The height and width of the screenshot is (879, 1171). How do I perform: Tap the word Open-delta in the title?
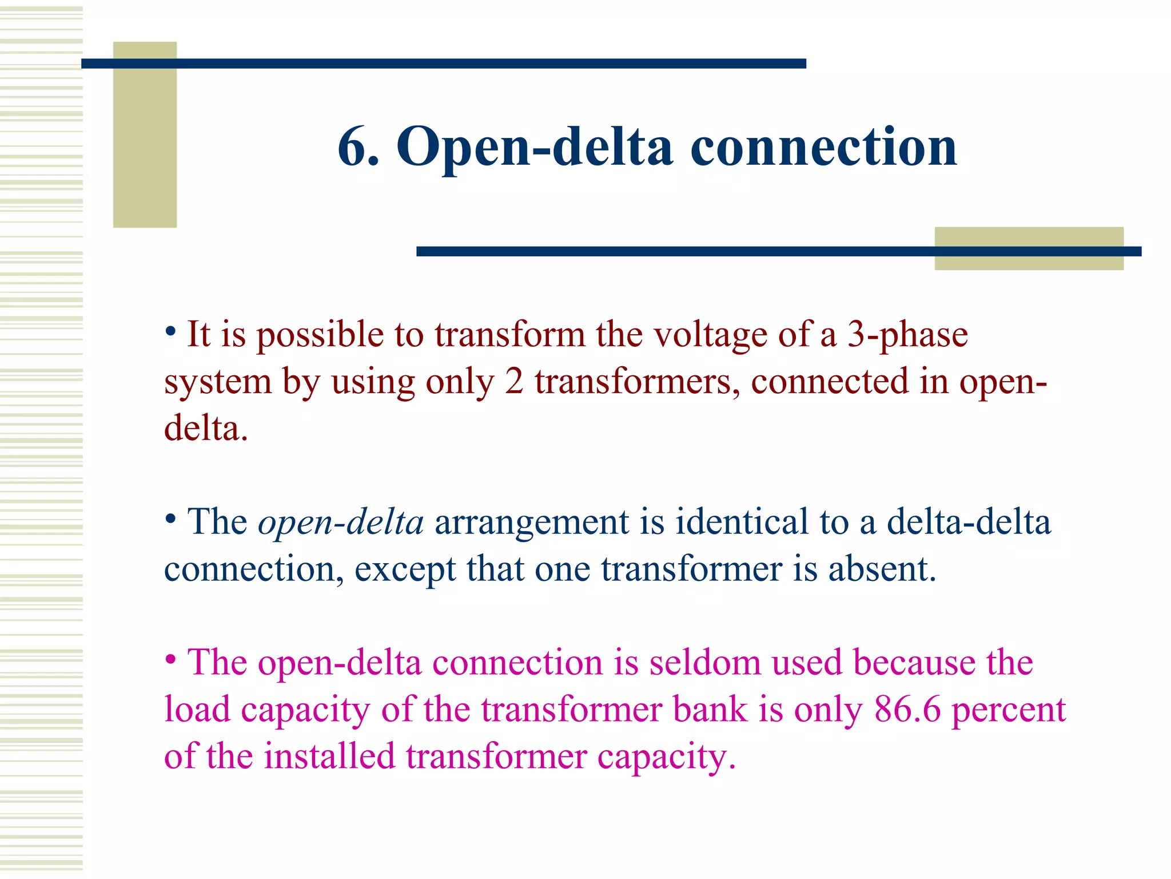pyautogui.click(x=534, y=148)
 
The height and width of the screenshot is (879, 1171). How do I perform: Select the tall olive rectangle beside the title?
pyautogui.click(x=145, y=134)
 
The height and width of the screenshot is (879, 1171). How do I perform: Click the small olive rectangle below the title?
pyautogui.click(x=1029, y=248)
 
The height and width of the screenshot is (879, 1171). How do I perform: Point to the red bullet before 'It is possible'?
pyautogui.click(x=170, y=330)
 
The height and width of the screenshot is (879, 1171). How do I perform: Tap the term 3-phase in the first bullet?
pyautogui.click(x=907, y=335)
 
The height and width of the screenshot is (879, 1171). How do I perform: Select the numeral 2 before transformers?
pyautogui.click(x=514, y=382)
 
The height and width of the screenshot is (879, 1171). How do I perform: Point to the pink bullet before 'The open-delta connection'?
pyautogui.click(x=170, y=660)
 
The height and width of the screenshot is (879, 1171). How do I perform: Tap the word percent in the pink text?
pyautogui.click(x=1009, y=711)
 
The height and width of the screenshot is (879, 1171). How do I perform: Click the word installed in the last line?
pyautogui.click(x=329, y=756)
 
